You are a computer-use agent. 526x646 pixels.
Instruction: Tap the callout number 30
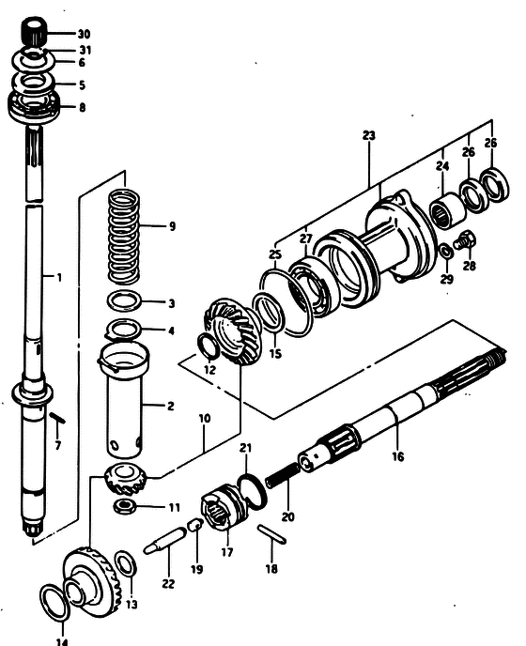point(84,34)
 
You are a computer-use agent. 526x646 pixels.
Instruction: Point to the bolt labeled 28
point(465,240)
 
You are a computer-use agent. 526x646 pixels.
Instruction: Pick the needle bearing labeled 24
point(448,210)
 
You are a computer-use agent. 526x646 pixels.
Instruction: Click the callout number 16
point(398,456)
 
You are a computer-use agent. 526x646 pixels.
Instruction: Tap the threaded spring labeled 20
point(284,474)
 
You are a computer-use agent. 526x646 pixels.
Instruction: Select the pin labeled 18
point(271,534)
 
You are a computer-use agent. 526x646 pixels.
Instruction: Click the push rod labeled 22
point(165,541)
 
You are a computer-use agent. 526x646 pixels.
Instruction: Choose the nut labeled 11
point(125,506)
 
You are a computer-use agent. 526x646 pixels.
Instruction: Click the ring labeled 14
point(54,602)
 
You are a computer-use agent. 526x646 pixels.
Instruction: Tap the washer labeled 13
point(125,563)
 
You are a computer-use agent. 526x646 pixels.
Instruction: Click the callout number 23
point(369,135)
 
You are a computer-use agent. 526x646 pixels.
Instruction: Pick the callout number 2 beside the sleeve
point(171,407)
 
